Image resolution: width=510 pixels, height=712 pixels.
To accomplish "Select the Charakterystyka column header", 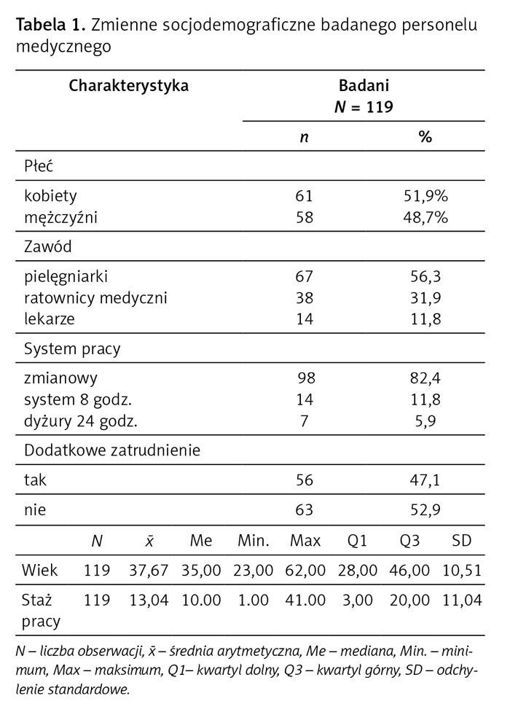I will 129,86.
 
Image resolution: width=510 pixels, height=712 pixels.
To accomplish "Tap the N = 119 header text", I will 364,107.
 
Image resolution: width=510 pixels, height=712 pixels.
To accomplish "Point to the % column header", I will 425,136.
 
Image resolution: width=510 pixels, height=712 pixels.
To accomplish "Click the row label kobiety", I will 50,196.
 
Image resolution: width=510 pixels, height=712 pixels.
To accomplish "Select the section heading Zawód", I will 48,247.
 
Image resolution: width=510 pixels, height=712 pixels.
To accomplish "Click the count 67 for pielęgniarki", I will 304,277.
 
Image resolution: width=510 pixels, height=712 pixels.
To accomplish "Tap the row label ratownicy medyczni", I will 95,298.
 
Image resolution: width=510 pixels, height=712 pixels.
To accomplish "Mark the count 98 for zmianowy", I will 306,378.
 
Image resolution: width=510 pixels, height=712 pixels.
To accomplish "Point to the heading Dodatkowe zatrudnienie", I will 112,450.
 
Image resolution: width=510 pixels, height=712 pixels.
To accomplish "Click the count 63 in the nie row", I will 305,509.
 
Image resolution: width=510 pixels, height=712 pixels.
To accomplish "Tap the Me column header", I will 201,541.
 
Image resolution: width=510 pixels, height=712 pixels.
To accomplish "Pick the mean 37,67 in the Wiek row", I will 149,570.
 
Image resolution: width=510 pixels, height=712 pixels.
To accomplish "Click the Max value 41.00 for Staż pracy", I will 305,600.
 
